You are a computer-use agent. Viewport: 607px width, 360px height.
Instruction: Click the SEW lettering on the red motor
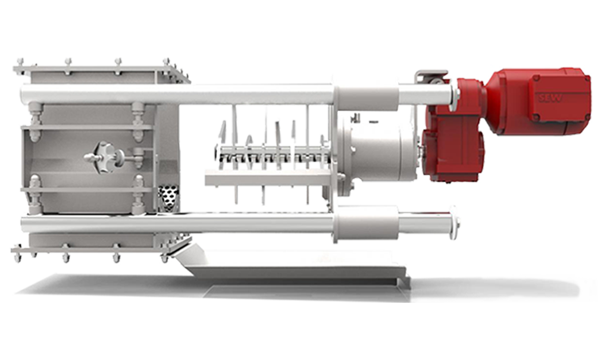[550, 97]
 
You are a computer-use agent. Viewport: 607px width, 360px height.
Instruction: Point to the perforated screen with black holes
[169, 198]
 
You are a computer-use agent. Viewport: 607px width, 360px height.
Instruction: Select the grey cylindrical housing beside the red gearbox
[377, 149]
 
